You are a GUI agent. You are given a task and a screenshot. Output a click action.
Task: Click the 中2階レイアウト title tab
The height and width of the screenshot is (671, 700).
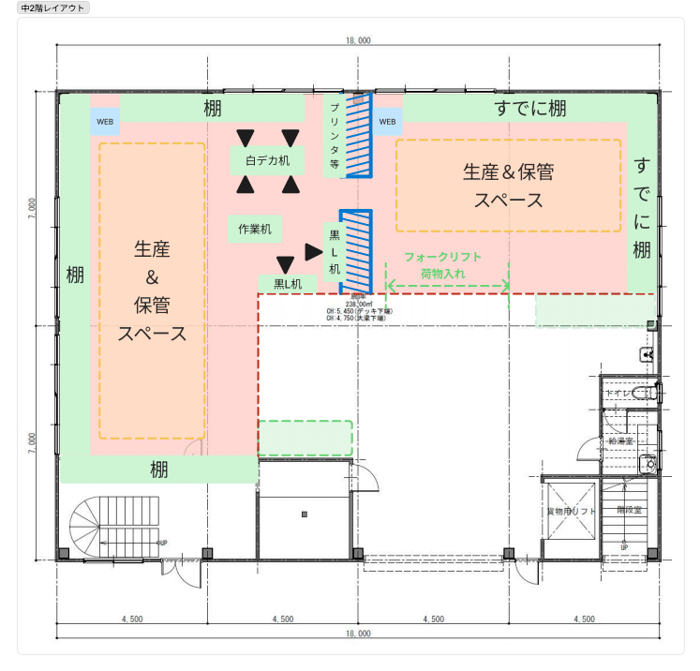(53, 7)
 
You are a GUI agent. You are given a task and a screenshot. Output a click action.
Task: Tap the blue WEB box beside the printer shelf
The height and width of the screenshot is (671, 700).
(388, 121)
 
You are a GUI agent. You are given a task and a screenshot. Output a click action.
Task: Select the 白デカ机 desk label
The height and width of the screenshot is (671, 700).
(268, 160)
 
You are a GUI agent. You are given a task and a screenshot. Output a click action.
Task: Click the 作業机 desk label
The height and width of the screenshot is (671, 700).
(255, 228)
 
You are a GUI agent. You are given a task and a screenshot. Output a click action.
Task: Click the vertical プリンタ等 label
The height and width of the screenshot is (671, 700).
(334, 136)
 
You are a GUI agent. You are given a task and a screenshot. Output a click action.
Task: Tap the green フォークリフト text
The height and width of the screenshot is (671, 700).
(442, 257)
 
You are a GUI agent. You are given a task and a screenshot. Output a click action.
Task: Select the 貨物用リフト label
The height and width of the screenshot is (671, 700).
(571, 512)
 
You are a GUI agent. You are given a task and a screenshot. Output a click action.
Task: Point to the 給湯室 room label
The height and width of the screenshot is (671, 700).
(621, 440)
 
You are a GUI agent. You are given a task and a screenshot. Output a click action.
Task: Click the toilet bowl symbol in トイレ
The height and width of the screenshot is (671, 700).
(646, 394)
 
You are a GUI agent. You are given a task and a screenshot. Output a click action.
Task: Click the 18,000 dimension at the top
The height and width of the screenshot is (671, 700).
(357, 40)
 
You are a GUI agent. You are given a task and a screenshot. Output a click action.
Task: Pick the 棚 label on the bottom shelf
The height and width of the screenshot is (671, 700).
(159, 470)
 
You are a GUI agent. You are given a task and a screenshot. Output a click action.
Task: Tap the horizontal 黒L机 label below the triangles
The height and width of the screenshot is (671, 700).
(288, 283)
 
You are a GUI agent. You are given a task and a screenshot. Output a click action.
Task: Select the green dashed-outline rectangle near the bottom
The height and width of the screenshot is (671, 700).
(305, 438)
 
